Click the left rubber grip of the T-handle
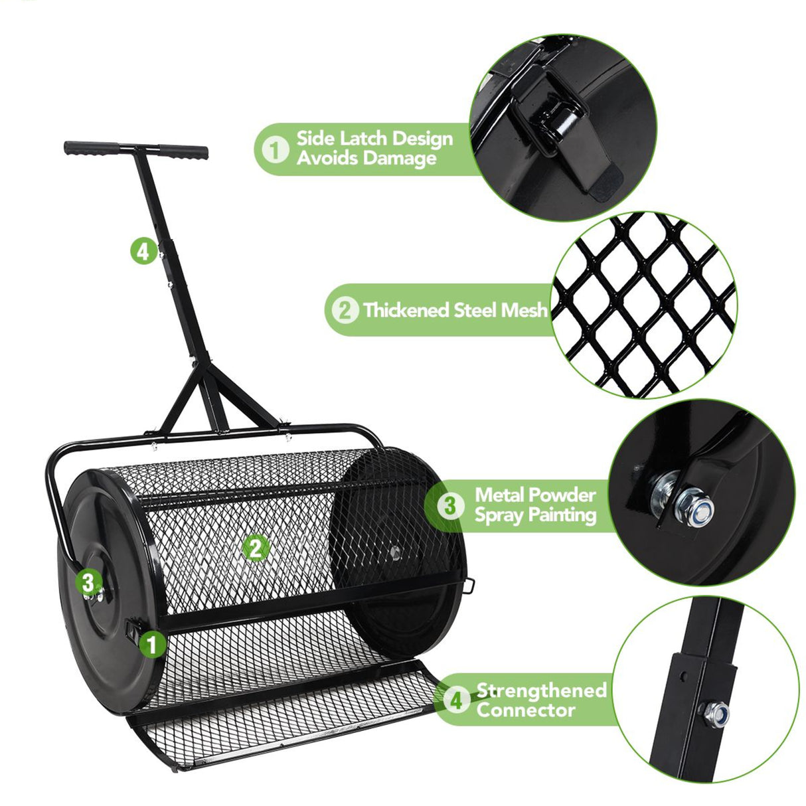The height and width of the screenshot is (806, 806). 92,148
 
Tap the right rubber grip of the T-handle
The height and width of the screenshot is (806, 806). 183,152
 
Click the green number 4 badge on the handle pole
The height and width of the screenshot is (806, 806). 143,252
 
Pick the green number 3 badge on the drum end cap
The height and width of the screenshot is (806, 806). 88,583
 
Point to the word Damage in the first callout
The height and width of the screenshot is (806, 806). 400,159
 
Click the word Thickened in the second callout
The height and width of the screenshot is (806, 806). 405,310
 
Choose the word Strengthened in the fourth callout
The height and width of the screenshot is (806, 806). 541,690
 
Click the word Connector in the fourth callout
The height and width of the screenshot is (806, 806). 526,710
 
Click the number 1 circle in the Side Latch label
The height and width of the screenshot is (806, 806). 275,150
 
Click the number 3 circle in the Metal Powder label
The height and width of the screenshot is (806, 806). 451,506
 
